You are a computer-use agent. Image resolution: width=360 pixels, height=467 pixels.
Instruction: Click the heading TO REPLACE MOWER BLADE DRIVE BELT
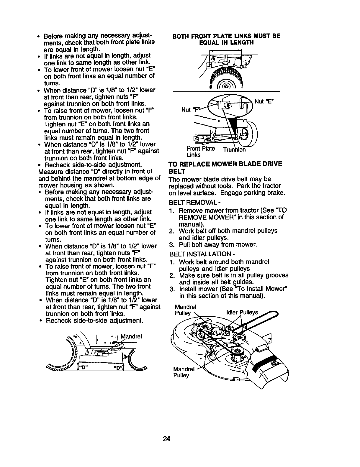click(x=225, y=167)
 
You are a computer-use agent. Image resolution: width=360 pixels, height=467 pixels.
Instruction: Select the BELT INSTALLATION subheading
click(x=195, y=254)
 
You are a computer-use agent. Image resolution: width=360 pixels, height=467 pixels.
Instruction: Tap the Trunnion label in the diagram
click(x=234, y=150)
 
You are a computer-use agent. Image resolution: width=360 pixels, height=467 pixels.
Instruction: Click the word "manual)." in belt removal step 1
click(x=190, y=224)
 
